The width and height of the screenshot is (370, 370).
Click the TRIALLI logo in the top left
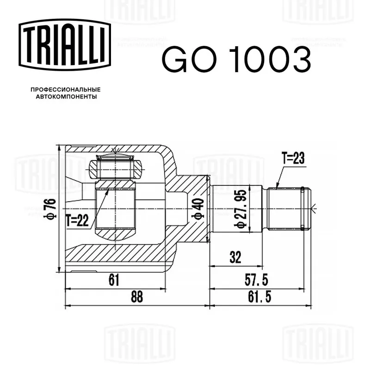pyautogui.click(x=65, y=44)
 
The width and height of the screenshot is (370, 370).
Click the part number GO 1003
pyautogui.click(x=236, y=59)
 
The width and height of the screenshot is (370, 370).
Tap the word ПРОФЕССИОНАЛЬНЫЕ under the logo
pyautogui.click(x=66, y=90)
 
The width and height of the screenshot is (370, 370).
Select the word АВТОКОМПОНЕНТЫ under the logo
pyautogui.click(x=66, y=97)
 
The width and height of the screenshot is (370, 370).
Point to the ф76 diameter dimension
pyautogui.click(x=50, y=209)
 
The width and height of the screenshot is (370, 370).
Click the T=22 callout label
pyautogui.click(x=77, y=221)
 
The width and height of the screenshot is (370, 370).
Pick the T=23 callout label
pyautogui.click(x=293, y=158)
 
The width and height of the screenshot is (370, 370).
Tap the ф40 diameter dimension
pyautogui.click(x=198, y=209)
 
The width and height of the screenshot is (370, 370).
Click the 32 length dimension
pyautogui.click(x=235, y=257)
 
